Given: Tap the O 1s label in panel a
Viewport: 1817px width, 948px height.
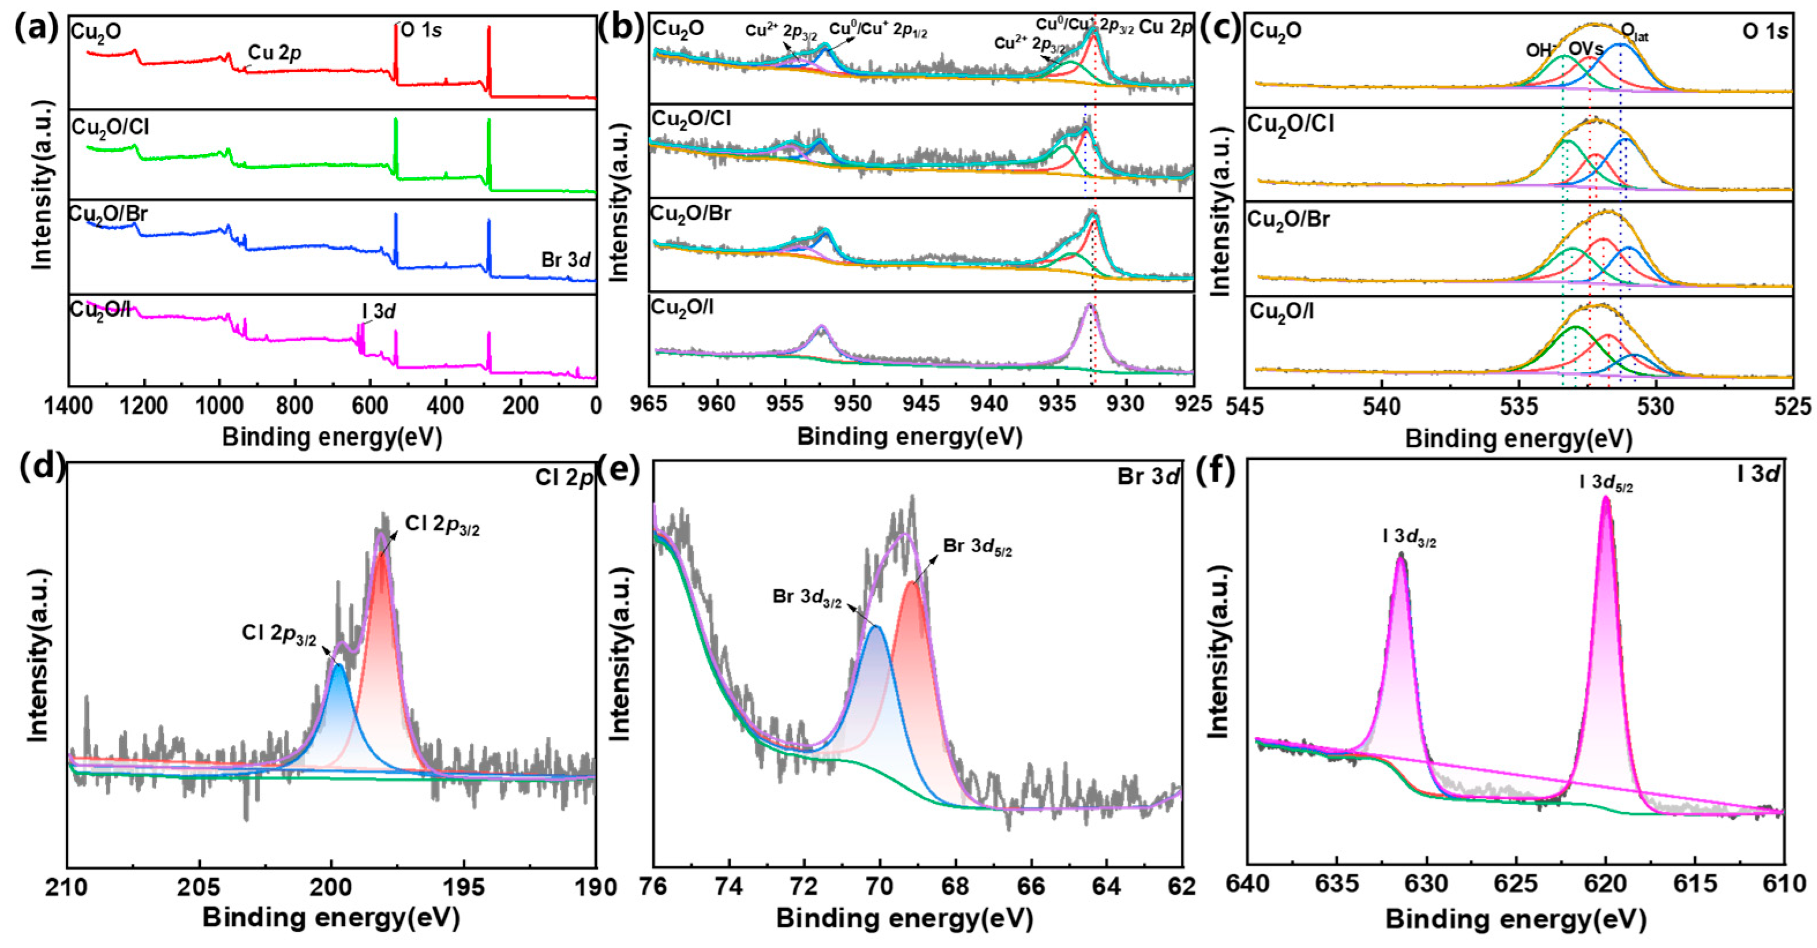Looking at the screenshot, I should click(421, 31).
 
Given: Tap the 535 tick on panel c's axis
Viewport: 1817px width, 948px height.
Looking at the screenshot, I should click(1518, 406).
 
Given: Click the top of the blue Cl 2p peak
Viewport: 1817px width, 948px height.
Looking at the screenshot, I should click(338, 665).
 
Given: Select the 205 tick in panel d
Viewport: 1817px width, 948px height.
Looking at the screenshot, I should click(200, 885).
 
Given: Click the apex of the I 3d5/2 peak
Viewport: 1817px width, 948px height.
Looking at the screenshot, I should click(1607, 500).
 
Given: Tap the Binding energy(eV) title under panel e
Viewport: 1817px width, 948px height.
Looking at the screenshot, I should click(904, 920).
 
